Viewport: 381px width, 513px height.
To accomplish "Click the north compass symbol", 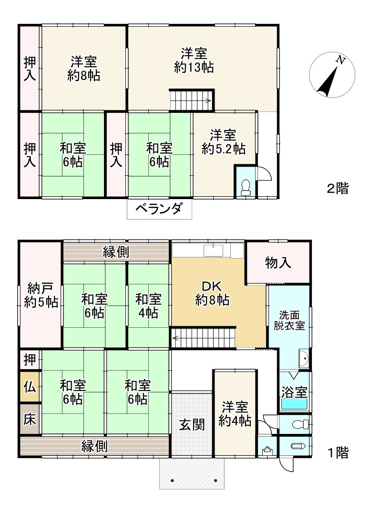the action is (332, 75).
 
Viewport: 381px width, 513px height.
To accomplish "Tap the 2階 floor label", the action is (338, 189).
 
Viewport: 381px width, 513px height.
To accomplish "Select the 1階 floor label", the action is (338, 453).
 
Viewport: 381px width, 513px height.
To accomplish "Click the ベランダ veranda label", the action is (159, 208).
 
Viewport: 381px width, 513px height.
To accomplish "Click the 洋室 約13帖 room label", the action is (194, 60).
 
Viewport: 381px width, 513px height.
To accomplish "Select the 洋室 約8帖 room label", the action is (83, 69).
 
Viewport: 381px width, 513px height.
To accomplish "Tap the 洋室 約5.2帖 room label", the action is (224, 141).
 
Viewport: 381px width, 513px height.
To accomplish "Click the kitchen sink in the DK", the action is (213, 251).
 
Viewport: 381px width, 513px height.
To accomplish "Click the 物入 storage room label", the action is (278, 262).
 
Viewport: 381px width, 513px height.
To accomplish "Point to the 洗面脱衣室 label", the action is (289, 320).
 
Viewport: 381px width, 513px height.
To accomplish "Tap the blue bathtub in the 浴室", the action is (294, 404).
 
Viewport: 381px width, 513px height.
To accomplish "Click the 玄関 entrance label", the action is (192, 425).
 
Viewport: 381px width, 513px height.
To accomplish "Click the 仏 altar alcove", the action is (30, 387).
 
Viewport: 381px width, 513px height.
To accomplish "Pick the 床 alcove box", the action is (30, 420).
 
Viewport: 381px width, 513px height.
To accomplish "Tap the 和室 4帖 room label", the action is (148, 306).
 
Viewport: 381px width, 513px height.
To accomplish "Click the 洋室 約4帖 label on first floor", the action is (235, 414).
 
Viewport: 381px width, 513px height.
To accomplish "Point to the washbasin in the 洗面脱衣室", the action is (304, 359).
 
